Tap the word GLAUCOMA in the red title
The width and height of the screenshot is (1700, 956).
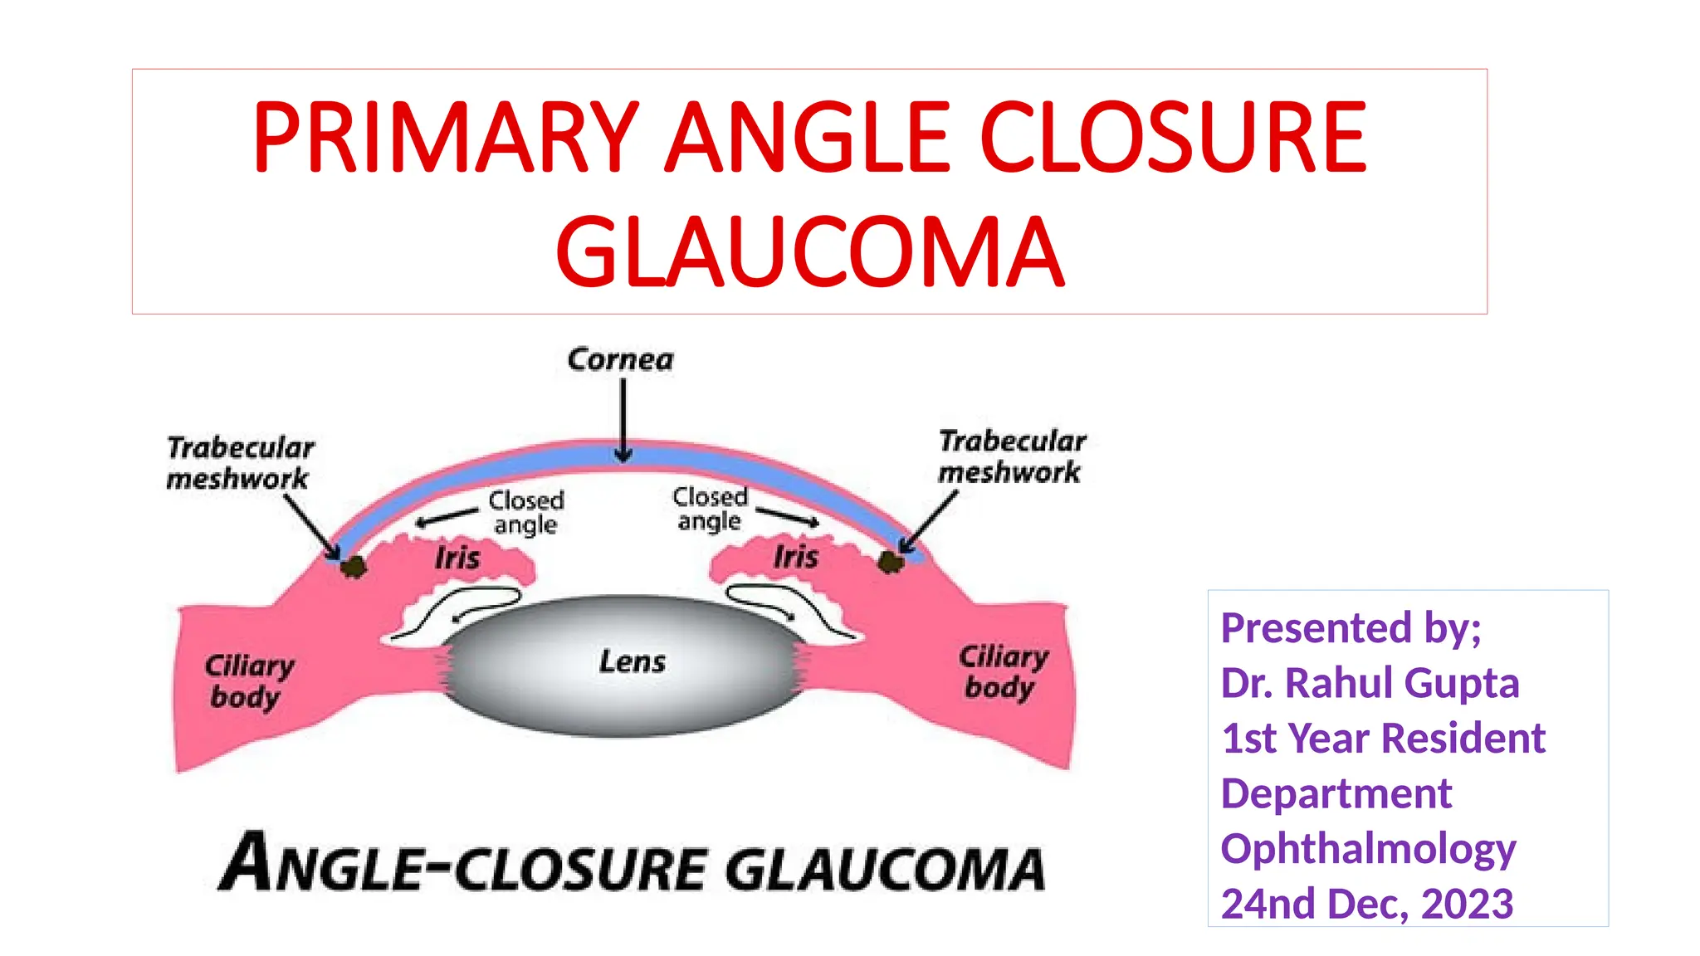point(809,251)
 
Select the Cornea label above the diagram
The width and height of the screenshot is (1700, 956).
point(620,360)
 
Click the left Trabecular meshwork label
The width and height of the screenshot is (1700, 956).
point(240,463)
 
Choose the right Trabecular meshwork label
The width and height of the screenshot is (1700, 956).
point(1011,456)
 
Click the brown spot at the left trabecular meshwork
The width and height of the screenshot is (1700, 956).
point(354,567)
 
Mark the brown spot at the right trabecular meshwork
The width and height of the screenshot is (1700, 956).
point(891,563)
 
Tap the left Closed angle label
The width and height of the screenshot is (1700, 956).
point(525,512)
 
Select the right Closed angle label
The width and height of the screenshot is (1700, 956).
point(710,509)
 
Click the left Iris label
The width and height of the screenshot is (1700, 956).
point(457,558)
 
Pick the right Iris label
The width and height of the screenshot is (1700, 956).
point(796,556)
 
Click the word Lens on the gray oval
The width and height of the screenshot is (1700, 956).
point(633,661)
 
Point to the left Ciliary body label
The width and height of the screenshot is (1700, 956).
point(248,681)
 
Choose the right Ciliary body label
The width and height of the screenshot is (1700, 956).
point(1003,671)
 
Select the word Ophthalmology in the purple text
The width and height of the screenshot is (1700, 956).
point(1368,849)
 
